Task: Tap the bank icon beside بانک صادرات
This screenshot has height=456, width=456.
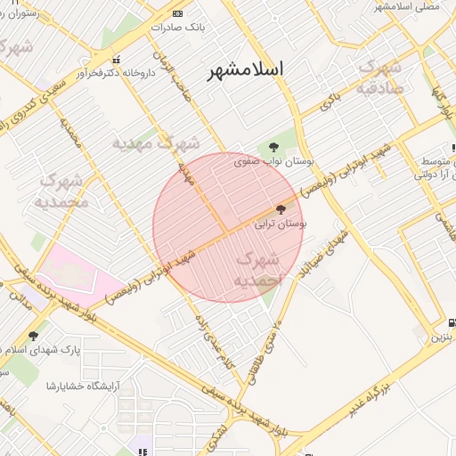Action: (x=178, y=13)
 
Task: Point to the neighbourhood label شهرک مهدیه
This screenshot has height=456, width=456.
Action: (x=156, y=142)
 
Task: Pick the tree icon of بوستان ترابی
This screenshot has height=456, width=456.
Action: (x=281, y=210)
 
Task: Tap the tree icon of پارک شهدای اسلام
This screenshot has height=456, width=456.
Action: (x=34, y=336)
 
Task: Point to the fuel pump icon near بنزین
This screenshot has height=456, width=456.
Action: (x=452, y=322)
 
